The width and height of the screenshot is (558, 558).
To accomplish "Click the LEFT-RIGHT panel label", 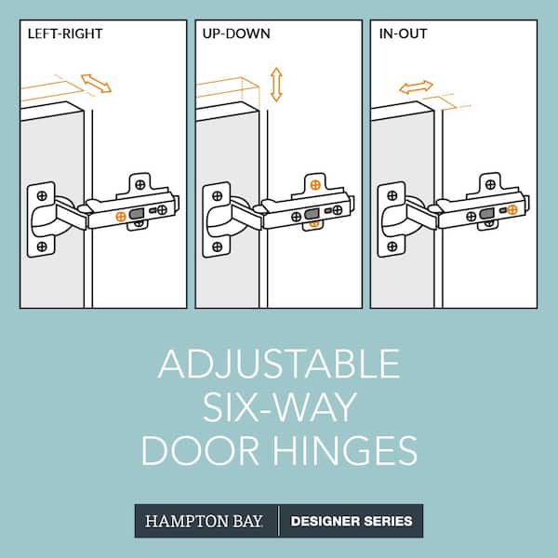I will (x=65, y=34).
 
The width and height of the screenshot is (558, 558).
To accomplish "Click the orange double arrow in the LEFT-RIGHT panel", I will (x=97, y=84).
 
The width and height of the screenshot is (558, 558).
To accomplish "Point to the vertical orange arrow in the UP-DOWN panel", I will (x=275, y=84).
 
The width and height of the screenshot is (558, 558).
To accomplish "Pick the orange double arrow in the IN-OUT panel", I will (x=416, y=87).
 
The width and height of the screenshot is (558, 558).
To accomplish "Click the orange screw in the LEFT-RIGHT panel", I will (x=121, y=216).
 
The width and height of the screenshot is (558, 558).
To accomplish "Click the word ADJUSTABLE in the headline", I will (x=279, y=364).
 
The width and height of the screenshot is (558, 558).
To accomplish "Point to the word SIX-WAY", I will (x=279, y=406).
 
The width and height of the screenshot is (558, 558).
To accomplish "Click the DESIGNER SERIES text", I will (x=352, y=521).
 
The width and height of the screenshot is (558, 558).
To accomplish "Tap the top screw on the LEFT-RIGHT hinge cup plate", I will (x=41, y=196).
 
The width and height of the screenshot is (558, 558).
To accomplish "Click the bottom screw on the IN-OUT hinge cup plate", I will (x=391, y=246).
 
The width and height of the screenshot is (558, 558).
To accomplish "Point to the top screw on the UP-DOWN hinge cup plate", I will (x=217, y=196).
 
